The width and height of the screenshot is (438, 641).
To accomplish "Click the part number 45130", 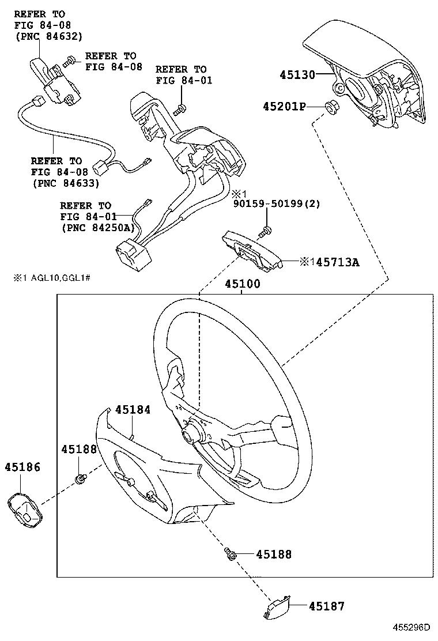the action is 297,75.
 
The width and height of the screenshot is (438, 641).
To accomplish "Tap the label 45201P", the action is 284,107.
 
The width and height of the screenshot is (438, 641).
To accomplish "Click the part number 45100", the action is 242,284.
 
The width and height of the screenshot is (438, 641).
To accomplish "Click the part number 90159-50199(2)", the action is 277,203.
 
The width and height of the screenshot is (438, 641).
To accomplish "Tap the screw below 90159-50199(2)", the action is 265,231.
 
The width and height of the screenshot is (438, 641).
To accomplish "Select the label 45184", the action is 133,409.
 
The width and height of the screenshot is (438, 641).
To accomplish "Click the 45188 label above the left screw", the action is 80,449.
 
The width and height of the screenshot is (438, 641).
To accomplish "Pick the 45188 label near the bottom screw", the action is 274,555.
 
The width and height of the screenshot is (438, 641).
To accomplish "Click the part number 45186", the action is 23,467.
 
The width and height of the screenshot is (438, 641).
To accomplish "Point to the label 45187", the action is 326,606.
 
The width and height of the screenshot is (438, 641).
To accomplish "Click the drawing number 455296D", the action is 412,628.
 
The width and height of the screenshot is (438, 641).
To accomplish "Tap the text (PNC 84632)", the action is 48,36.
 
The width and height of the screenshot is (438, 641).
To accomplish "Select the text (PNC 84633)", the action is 66,183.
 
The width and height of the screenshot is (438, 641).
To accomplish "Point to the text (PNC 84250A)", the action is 98,228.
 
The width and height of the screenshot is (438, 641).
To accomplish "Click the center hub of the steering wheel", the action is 191,432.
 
